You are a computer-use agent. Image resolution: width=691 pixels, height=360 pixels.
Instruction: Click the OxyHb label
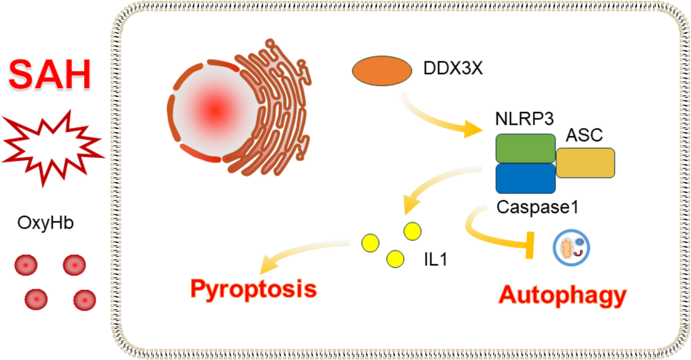click(45, 223)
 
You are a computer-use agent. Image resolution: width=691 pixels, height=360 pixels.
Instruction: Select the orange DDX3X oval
click(382, 71)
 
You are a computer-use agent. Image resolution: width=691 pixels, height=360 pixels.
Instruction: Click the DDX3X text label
click(453, 68)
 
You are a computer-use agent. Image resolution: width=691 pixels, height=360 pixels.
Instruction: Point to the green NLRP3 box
click(525, 148)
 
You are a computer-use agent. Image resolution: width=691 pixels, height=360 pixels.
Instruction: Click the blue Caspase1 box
click(525, 179)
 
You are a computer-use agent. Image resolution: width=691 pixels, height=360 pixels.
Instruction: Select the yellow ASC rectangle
click(585, 163)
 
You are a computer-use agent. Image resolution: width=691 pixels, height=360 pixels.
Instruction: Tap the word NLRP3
click(524, 119)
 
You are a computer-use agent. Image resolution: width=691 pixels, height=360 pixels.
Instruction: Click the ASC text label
click(584, 135)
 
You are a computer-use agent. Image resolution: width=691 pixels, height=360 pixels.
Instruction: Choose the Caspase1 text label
click(537, 207)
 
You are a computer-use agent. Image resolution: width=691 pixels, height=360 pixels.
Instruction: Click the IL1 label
click(436, 260)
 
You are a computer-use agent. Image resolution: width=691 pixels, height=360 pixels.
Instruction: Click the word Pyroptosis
click(253, 289)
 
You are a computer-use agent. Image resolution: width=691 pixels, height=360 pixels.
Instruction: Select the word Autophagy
click(562, 295)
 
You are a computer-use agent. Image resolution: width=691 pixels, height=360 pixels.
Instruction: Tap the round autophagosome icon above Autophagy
click(571, 248)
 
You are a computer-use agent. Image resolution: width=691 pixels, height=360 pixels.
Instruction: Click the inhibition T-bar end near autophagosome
click(530, 245)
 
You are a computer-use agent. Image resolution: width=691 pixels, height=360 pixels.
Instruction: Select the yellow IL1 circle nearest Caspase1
click(412, 231)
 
